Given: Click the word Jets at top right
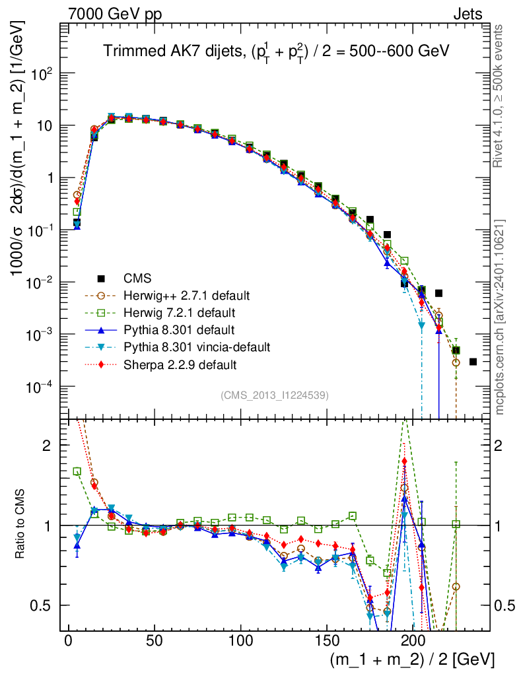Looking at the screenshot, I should [x=467, y=14].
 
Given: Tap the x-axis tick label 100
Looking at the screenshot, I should [x=241, y=642].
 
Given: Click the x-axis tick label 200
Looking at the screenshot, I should [x=413, y=642].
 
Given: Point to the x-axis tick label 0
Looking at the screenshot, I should [x=68, y=642].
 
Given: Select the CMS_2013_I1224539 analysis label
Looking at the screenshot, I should [x=274, y=395].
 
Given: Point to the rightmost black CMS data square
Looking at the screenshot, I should [x=473, y=362].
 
